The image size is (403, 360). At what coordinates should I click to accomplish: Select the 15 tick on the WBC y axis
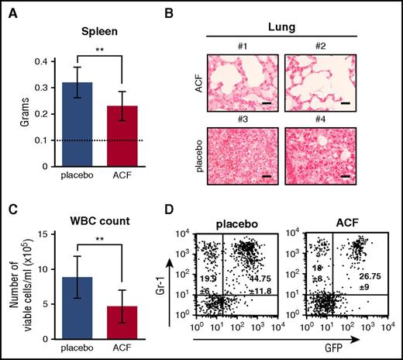pos(48,233)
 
